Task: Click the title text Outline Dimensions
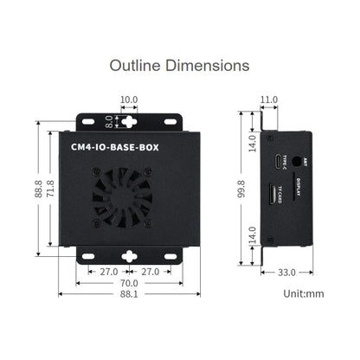pos(180,65)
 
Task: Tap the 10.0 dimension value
pos(128,100)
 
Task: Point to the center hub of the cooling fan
pos(128,196)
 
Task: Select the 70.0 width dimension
pos(128,283)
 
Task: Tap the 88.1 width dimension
pos(128,296)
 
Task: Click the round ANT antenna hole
pos(299,160)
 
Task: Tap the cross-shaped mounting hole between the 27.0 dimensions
pos(128,256)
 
